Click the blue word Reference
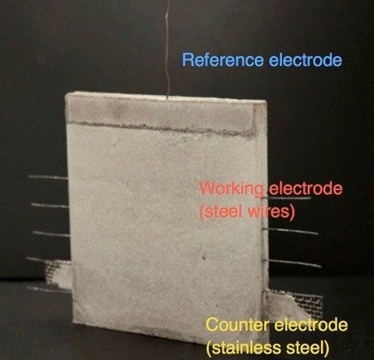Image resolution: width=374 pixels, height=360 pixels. (223, 60)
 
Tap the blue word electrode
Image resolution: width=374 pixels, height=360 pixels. (305, 60)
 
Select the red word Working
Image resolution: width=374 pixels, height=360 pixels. (231, 189)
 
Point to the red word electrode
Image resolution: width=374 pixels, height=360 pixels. (305, 188)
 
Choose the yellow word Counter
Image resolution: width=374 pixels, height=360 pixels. (238, 324)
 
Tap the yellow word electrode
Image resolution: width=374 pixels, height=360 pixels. (311, 324)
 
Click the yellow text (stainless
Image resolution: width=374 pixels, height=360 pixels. (244, 348)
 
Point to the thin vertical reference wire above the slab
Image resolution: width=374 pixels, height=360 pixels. (168, 49)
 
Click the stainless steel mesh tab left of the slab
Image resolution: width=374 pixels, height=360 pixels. (58, 274)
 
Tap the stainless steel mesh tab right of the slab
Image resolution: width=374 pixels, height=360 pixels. (294, 304)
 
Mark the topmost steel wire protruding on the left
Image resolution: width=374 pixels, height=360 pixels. (48, 178)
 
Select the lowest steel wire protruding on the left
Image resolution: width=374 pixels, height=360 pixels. (49, 290)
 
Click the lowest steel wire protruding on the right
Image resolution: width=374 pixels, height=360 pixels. (291, 263)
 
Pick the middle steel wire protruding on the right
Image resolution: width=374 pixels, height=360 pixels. (291, 231)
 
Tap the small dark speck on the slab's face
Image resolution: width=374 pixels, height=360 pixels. (204, 258)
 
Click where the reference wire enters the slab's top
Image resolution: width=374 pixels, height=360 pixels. (168, 98)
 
